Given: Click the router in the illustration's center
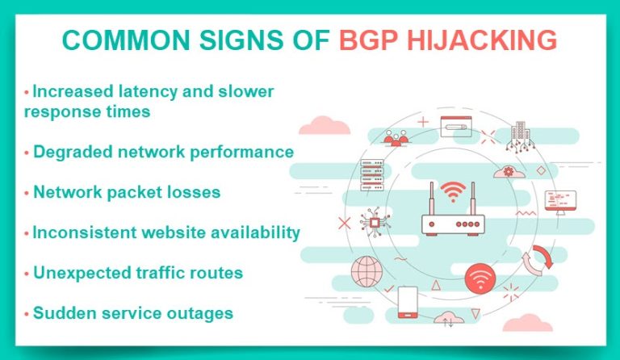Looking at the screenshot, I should pyautogui.click(x=452, y=217).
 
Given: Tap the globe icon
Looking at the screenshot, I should pyautogui.click(x=365, y=270).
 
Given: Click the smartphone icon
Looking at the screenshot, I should pyautogui.click(x=408, y=301).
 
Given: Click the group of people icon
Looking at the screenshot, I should pyautogui.click(x=396, y=139).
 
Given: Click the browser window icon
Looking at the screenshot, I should pyautogui.click(x=455, y=126).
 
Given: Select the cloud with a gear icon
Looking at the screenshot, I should pyautogui.click(x=508, y=171).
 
